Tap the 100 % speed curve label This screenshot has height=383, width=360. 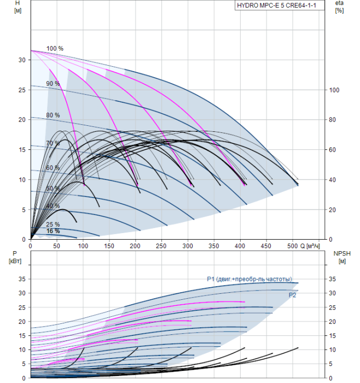point(55,49)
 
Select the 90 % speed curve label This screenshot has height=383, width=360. point(53,84)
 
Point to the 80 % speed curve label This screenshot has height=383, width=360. point(53,115)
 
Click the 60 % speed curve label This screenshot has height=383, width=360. point(53,168)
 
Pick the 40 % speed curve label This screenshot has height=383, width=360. point(53,206)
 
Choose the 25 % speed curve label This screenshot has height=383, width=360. point(53,224)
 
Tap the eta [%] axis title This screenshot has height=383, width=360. point(340,7)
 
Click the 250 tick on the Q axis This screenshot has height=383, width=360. point(162,246)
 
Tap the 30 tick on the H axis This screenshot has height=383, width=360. point(22,60)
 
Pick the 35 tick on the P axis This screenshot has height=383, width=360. point(22,278)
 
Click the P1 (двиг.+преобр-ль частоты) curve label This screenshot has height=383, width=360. point(249,279)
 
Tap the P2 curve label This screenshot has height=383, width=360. point(293,295)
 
